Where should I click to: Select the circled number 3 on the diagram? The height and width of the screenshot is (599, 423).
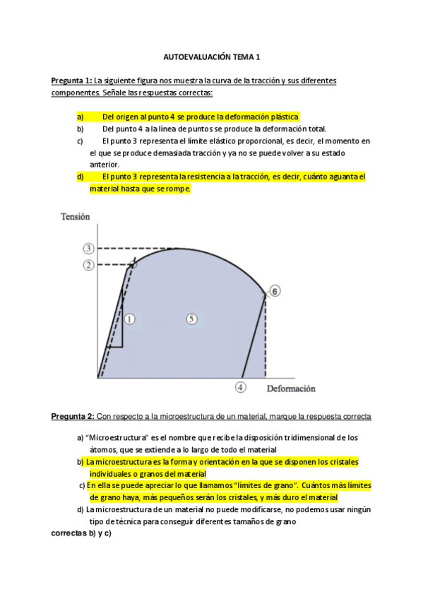(88, 248)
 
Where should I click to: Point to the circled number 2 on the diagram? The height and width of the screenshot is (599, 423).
(88, 265)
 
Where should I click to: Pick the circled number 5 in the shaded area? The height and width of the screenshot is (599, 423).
(191, 319)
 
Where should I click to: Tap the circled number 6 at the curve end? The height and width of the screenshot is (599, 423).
(275, 291)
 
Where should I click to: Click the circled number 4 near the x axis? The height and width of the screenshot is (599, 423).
(241, 387)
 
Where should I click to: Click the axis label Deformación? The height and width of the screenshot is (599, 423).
(291, 389)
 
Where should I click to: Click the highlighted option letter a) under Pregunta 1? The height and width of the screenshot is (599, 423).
(81, 117)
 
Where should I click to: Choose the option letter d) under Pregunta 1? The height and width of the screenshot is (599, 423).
(81, 177)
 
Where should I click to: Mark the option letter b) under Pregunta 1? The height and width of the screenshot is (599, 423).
(81, 129)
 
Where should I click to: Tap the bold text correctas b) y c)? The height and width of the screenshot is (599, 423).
(81, 533)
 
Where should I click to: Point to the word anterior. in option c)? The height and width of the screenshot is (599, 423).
(104, 165)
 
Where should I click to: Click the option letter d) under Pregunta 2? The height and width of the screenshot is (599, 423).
(80, 509)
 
